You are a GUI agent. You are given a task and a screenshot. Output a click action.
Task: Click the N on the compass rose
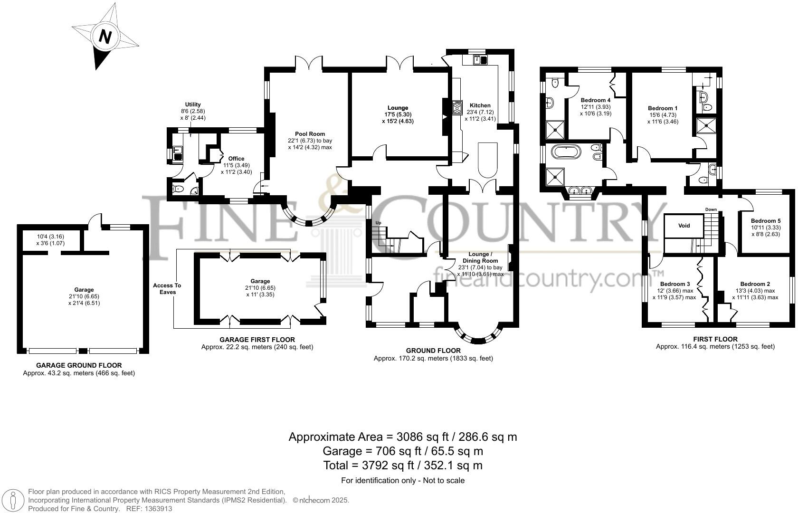105,37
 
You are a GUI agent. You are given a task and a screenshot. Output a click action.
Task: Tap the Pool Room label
310,134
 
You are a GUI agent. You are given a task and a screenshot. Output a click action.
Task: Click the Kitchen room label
480,105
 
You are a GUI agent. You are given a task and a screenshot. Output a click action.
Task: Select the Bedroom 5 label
765,221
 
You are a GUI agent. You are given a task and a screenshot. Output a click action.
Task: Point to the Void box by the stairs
684,226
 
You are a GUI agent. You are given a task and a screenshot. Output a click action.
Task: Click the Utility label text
193,104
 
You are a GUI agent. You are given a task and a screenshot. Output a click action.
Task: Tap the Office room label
236,159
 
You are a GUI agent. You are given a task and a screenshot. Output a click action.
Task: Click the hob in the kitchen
457,108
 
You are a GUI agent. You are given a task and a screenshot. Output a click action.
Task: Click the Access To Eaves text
167,289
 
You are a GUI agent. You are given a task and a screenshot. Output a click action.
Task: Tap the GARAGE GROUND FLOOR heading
79,365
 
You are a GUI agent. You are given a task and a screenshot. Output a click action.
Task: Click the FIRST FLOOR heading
715,339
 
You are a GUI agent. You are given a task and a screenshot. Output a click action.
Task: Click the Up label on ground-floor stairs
379,223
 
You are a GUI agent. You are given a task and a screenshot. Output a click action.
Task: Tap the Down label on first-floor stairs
711,209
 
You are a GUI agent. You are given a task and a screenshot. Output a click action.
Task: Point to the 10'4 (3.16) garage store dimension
50,237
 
